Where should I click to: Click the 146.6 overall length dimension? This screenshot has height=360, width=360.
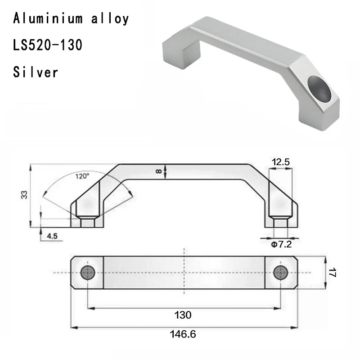(x=183, y=335)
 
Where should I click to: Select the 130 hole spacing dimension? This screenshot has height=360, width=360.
(x=184, y=315)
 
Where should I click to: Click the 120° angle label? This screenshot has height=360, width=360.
(x=82, y=176)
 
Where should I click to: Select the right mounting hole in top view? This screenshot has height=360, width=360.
(x=282, y=272)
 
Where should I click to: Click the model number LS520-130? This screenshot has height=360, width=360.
(x=48, y=45)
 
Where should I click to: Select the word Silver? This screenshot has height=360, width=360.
(x=36, y=72)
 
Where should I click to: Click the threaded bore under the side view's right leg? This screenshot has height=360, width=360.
(x=281, y=222)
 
